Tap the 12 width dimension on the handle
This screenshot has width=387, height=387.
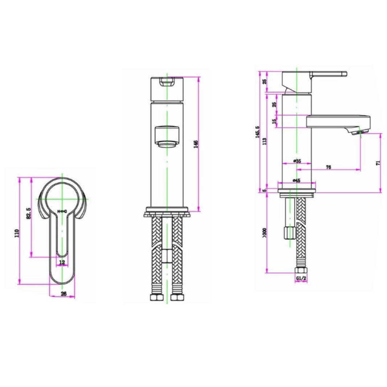tap(62, 262)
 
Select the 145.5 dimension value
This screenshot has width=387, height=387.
tap(258, 131)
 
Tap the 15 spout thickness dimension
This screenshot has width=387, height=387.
tap(274, 121)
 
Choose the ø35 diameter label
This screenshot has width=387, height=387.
tap(297, 161)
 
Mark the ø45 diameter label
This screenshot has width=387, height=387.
tap(297, 180)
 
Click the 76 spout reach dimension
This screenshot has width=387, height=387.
tap(328, 167)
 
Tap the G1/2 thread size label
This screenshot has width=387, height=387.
tap(301, 278)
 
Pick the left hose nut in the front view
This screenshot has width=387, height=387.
tap(156, 297)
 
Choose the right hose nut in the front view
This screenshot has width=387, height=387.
tap(177, 297)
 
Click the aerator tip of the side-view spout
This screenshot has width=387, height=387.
tap(359, 132)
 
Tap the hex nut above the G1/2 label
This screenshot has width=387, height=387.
tap(301, 270)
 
